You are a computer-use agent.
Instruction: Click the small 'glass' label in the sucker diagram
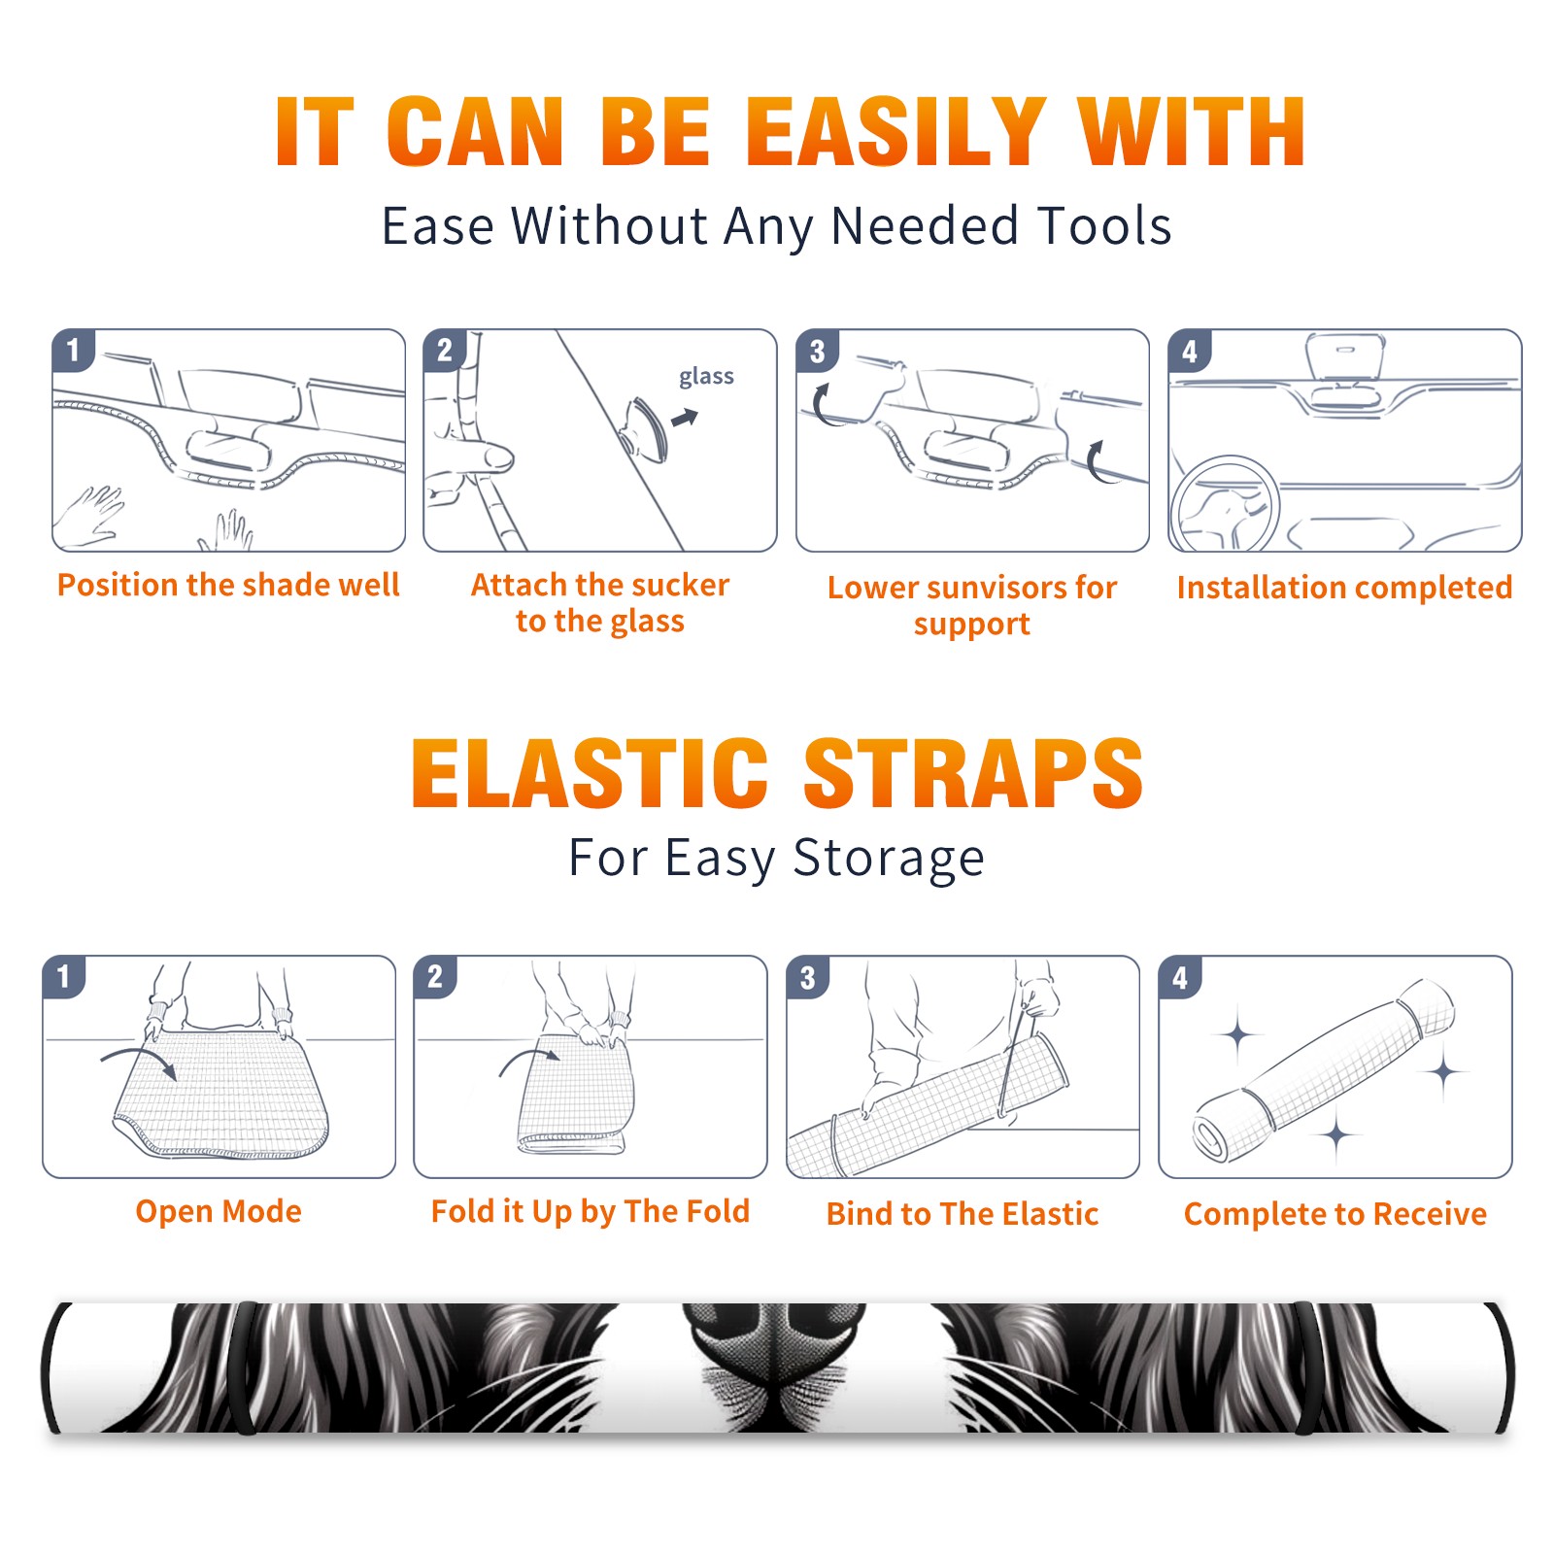pyautogui.click(x=706, y=377)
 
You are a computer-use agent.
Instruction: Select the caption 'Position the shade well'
pyautogui.click(x=228, y=585)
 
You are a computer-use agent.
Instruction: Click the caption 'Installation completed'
pyautogui.click(x=1344, y=588)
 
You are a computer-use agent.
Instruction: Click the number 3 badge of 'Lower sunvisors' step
pyautogui.click(x=817, y=351)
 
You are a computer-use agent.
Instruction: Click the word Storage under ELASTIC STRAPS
pyautogui.click(x=889, y=859)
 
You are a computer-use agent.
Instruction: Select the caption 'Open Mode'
pyautogui.click(x=219, y=1212)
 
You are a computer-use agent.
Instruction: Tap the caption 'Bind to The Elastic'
pyautogui.click(x=963, y=1214)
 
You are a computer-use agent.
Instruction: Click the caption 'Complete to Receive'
pyautogui.click(x=1335, y=1214)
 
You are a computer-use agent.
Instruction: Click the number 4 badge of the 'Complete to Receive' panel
pyautogui.click(x=1180, y=977)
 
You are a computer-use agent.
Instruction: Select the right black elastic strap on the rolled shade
pyautogui.click(x=1306, y=1368)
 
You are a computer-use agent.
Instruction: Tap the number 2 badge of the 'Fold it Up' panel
pyautogui.click(x=435, y=977)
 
